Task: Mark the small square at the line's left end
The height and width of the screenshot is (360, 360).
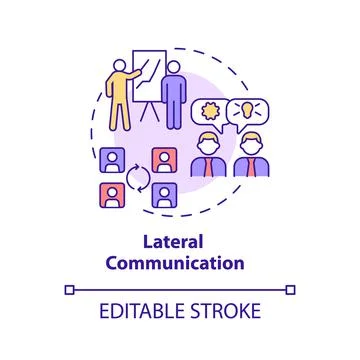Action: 68,290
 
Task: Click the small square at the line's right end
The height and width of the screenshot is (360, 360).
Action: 292,290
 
